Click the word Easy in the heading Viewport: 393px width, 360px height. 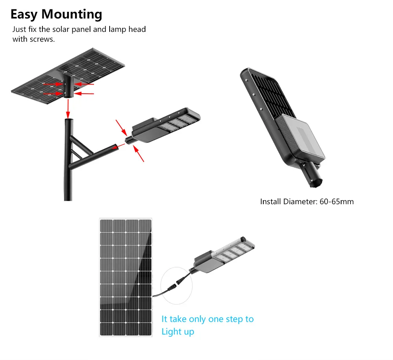click(24, 15)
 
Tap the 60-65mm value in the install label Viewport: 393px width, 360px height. click(337, 202)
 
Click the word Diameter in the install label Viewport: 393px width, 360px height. click(298, 202)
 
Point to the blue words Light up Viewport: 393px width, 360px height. click(178, 332)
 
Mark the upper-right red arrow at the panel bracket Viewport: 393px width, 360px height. click(85, 84)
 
